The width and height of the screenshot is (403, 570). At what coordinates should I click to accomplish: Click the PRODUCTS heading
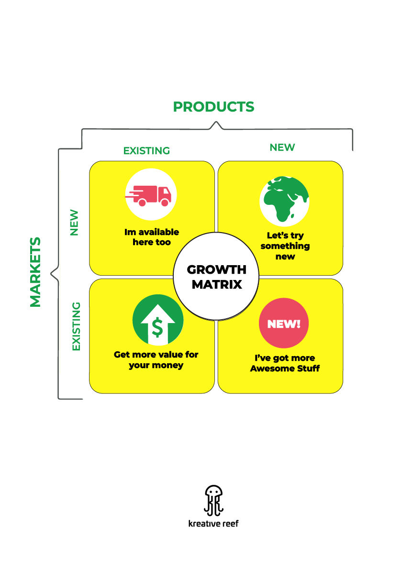pyautogui.click(x=213, y=107)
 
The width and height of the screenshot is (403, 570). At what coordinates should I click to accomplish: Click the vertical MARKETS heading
pyautogui.click(x=35, y=272)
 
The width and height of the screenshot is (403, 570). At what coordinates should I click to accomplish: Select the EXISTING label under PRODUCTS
pyautogui.click(x=146, y=151)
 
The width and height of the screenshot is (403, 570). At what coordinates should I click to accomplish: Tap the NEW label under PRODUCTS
pyautogui.click(x=282, y=147)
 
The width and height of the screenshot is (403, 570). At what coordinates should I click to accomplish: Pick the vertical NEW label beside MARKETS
pyautogui.click(x=74, y=223)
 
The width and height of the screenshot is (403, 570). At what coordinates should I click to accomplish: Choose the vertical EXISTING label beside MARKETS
pyautogui.click(x=76, y=326)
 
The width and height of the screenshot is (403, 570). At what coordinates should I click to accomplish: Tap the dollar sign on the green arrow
pyautogui.click(x=157, y=327)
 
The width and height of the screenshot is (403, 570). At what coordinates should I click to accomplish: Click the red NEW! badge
pyautogui.click(x=283, y=324)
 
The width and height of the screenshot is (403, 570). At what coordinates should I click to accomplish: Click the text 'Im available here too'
pyautogui.click(x=152, y=237)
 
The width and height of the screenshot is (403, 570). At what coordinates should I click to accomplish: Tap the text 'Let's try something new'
pyautogui.click(x=285, y=246)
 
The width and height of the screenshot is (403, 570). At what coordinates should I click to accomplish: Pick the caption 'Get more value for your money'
pyautogui.click(x=156, y=360)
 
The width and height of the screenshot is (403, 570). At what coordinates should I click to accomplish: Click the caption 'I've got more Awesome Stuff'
pyautogui.click(x=285, y=363)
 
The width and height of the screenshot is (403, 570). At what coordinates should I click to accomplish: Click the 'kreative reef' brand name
pyautogui.click(x=213, y=523)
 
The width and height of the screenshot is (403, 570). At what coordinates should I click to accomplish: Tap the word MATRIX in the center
pyautogui.click(x=216, y=284)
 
